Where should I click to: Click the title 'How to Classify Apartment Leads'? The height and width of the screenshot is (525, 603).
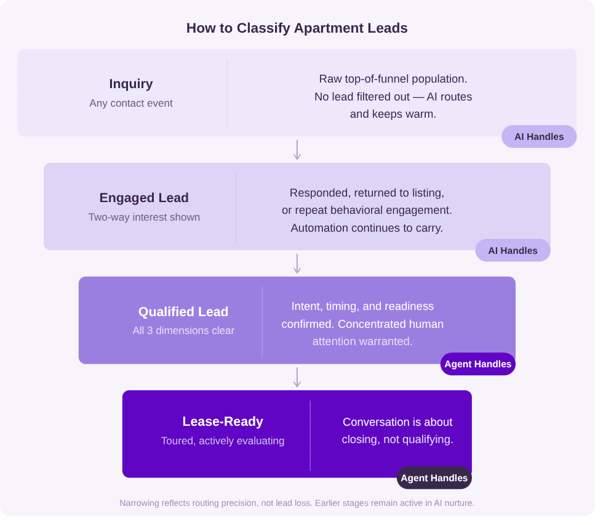[x=297, y=28]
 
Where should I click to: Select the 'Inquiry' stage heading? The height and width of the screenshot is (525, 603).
[x=131, y=84]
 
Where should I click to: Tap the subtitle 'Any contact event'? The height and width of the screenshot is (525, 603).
[x=131, y=103]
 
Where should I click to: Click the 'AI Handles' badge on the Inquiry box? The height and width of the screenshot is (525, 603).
[x=539, y=137]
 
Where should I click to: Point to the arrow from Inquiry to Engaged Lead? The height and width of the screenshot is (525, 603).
[x=297, y=150]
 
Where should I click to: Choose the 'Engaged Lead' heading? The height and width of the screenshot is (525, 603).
[x=144, y=198]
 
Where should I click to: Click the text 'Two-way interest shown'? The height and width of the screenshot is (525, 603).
[x=144, y=217]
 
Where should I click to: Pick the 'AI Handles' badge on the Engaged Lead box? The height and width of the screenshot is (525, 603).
[x=513, y=251]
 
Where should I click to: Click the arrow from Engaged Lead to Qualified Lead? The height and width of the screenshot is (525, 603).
[x=297, y=264]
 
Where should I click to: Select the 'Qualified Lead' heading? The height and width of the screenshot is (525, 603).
[x=183, y=312]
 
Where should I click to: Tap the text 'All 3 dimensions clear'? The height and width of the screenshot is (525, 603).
[x=183, y=330]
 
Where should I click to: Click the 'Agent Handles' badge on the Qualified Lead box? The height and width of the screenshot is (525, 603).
[x=477, y=364]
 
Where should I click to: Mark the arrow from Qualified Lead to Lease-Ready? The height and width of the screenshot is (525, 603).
[x=297, y=378]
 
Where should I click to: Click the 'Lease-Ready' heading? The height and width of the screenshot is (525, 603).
[x=223, y=421]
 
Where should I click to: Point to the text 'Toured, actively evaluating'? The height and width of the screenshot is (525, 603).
[x=223, y=441]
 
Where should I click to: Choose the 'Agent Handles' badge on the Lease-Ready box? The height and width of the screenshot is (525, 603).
[x=434, y=478]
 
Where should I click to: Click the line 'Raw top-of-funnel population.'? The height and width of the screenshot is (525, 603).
[x=393, y=79]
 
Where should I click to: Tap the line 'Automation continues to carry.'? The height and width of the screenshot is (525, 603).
[x=367, y=227]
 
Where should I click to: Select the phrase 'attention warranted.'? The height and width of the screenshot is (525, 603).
[x=362, y=341]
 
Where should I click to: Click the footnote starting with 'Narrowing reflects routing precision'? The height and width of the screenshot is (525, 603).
[x=297, y=503]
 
